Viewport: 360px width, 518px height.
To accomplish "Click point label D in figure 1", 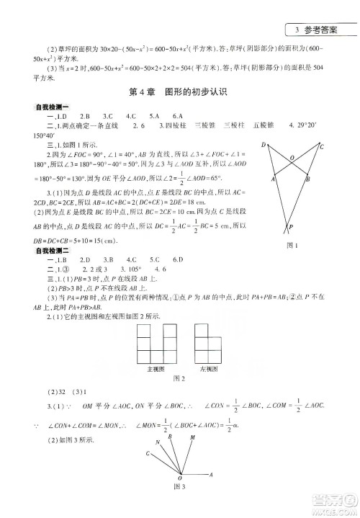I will [x=264, y=146].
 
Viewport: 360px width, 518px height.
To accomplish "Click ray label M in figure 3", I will [x=192, y=437].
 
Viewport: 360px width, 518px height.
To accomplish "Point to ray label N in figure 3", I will [x=171, y=437].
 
